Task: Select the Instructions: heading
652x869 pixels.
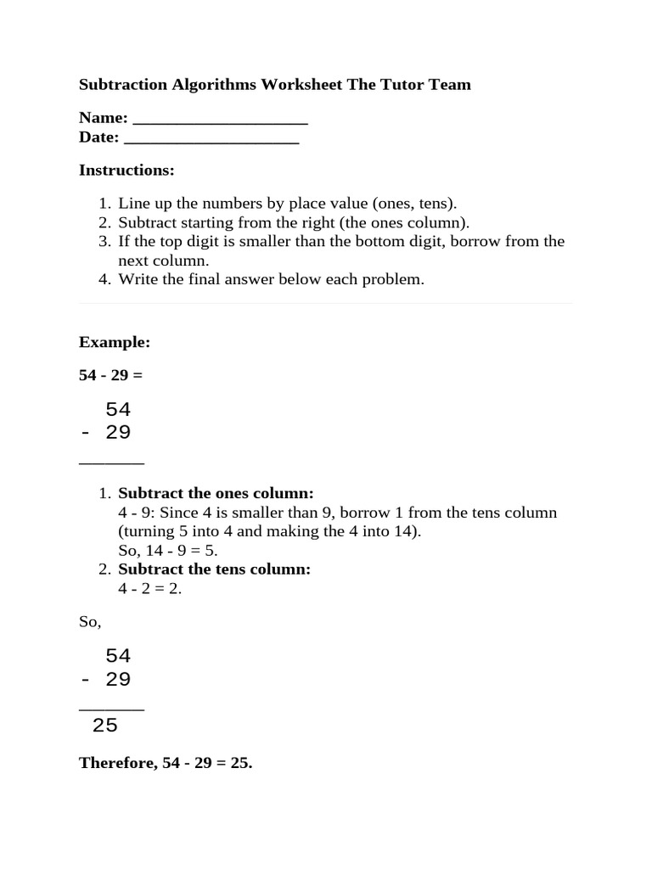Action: pos(126,171)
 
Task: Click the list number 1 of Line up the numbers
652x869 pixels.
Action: pos(104,205)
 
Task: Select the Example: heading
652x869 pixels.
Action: pos(115,342)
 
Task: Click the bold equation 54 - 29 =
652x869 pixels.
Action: pos(111,375)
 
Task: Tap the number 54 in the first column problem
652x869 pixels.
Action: pos(118,410)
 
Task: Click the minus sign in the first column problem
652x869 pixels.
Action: pos(85,433)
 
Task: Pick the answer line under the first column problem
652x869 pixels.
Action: pos(111,463)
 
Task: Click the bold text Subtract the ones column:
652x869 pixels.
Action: pos(216,494)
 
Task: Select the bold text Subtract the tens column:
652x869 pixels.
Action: pos(214,569)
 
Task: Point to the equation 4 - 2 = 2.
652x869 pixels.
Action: pos(150,588)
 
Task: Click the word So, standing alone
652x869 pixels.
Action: pos(90,622)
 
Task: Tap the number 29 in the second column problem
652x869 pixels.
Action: pos(118,680)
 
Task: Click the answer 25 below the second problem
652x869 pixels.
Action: pos(105,726)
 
